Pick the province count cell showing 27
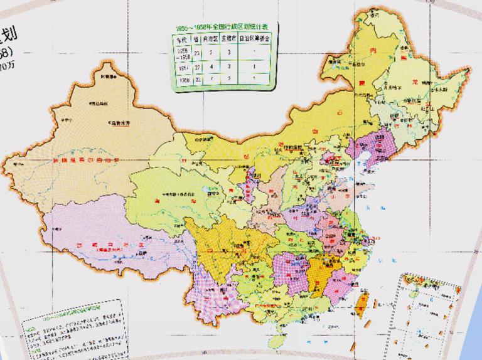(x=197, y=66)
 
